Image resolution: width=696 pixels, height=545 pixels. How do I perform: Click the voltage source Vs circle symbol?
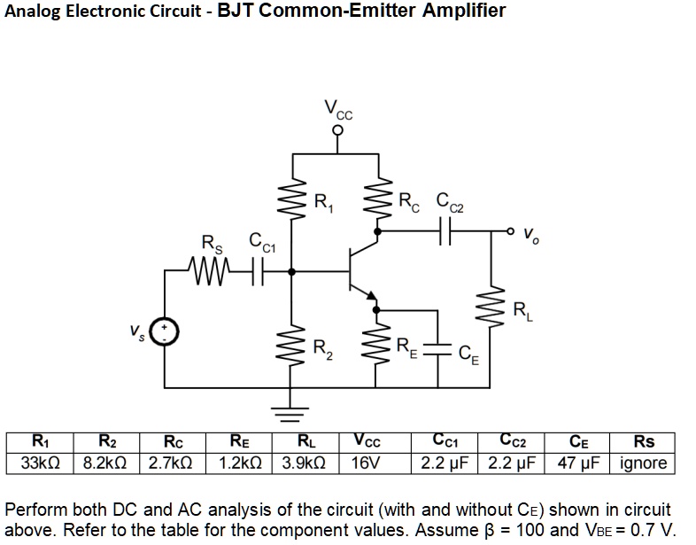coord(165,331)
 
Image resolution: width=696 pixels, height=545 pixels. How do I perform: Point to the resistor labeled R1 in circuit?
coord(293,199)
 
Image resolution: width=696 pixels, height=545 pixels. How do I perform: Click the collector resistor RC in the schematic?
coord(379,199)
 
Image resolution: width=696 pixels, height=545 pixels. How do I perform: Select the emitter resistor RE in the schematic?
coord(378,348)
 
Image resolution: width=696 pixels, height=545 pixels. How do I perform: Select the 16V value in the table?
coord(366,463)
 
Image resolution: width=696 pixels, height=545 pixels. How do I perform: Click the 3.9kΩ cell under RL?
coord(305,463)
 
